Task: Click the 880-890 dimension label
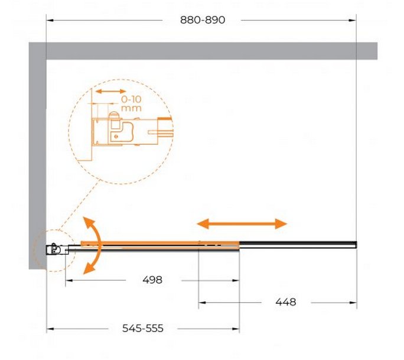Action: [x=203, y=20]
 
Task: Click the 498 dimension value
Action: [x=152, y=280]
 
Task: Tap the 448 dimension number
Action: [x=286, y=302]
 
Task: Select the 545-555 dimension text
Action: [x=143, y=328]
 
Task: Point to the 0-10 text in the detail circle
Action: [x=131, y=99]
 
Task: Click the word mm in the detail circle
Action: [x=131, y=108]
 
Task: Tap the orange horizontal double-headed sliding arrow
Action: [x=242, y=223]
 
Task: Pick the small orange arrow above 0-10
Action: [x=110, y=91]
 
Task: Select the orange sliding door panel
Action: [x=160, y=243]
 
